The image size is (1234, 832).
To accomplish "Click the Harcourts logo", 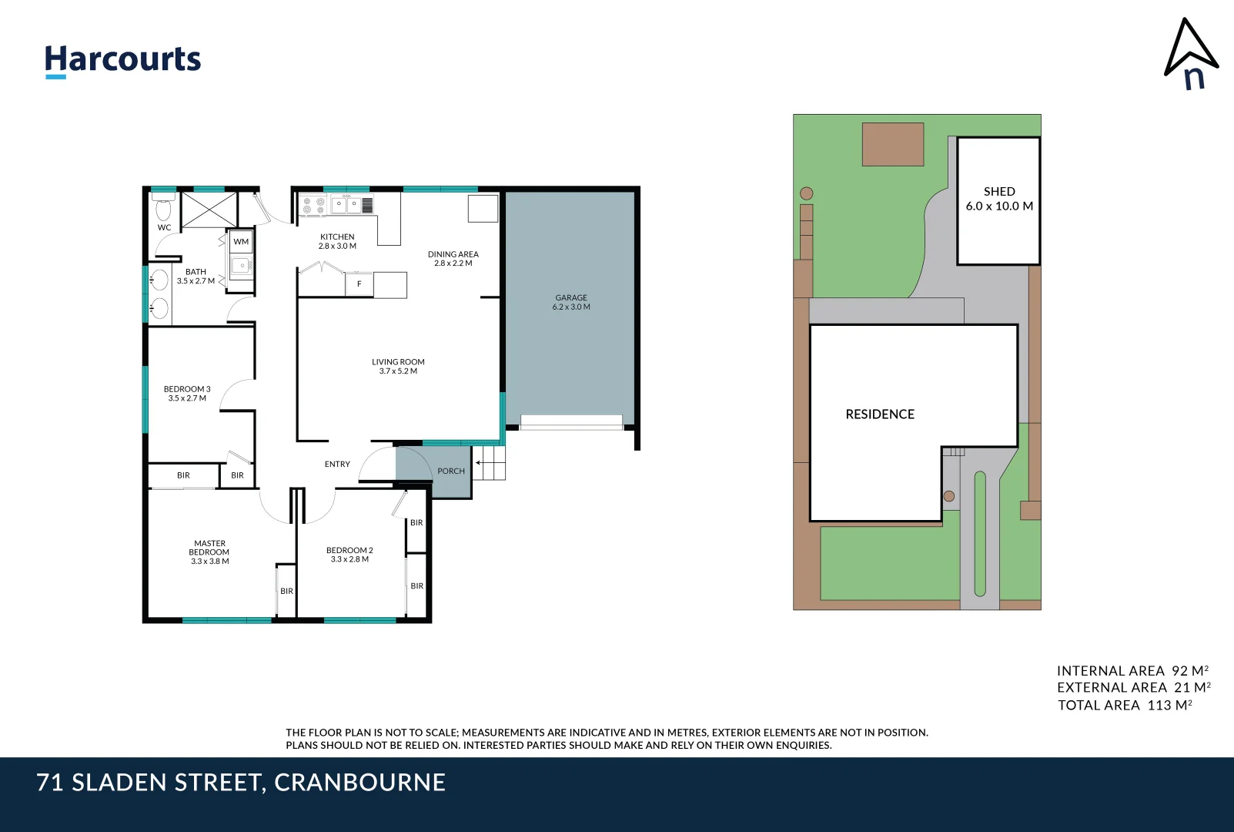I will tap(122, 60).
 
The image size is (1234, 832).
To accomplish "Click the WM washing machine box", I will tap(241, 242).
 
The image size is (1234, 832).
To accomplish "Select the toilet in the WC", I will tap(163, 207).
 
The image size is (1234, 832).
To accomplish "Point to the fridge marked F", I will tap(359, 284).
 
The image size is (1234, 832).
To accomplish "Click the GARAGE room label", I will tap(571, 298).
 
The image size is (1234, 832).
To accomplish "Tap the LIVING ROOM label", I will tap(398, 362).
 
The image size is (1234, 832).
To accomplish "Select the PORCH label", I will tap(451, 471).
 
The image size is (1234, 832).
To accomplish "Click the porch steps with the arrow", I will tap(490, 463).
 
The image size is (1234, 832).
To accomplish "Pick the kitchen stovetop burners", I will tap(313, 206).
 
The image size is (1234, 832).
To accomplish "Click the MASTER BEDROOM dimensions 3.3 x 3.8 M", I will tap(210, 562).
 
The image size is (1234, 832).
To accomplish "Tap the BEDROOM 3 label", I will tap(187, 389).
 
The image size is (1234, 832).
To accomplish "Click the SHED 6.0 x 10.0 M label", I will tap(999, 199).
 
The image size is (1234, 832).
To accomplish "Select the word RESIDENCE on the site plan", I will tap(880, 414).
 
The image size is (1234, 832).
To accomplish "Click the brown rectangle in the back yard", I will tap(892, 144).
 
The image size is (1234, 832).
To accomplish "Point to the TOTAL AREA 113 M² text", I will tap(1125, 705).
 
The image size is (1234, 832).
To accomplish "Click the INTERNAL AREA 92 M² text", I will tap(1132, 671).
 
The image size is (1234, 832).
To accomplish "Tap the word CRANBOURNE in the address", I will tap(359, 783).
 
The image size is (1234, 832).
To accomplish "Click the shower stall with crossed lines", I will tap(209, 210).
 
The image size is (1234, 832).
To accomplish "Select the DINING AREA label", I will tap(453, 254).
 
